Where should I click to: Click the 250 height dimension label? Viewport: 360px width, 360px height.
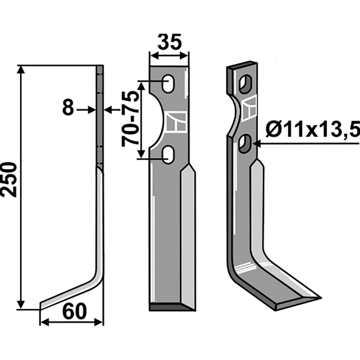(x=9, y=179)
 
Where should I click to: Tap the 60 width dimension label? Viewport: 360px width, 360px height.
(x=74, y=311)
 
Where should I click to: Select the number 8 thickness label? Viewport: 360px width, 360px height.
(x=68, y=108)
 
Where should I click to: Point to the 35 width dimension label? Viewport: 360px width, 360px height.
(x=170, y=42)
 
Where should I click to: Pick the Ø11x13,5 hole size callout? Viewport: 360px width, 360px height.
(x=313, y=129)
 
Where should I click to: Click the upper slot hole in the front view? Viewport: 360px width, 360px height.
(x=168, y=84)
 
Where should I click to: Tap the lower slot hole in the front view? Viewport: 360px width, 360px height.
(x=168, y=154)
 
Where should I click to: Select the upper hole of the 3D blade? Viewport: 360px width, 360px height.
(x=245, y=84)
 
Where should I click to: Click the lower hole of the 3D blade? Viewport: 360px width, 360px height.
(x=245, y=144)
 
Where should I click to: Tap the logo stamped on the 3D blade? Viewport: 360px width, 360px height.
(x=249, y=108)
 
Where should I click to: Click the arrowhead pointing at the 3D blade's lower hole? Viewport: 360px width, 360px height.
(x=256, y=144)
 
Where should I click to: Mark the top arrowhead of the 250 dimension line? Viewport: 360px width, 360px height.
(x=21, y=70)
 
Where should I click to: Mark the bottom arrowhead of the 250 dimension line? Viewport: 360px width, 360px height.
(x=21, y=305)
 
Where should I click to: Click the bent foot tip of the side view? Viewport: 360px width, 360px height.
(x=41, y=306)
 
